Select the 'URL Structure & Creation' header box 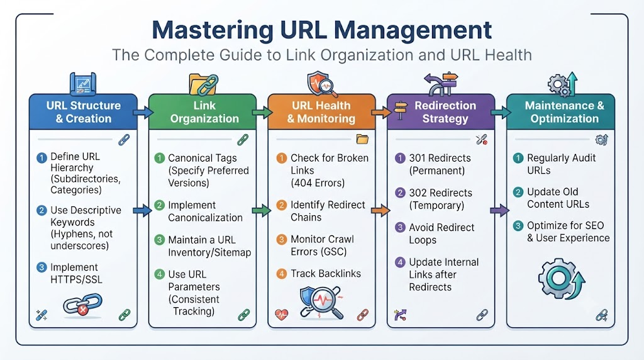click(x=84, y=112)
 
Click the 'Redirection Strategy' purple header click(x=441, y=112)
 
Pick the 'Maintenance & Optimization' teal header click(x=560, y=112)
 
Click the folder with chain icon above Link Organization click(x=203, y=84)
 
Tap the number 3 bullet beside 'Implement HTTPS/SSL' click(x=42, y=267)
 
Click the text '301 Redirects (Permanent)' click(x=440, y=164)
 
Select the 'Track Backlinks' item click(x=326, y=274)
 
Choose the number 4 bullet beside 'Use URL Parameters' click(x=159, y=274)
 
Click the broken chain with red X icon click(x=82, y=305)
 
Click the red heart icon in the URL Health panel click(x=281, y=315)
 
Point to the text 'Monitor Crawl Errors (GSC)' click(x=323, y=245)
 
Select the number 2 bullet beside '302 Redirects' click(x=400, y=193)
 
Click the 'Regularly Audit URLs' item click(x=562, y=164)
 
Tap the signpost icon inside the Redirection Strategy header click(x=401, y=110)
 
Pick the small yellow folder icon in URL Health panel click(x=362, y=139)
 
